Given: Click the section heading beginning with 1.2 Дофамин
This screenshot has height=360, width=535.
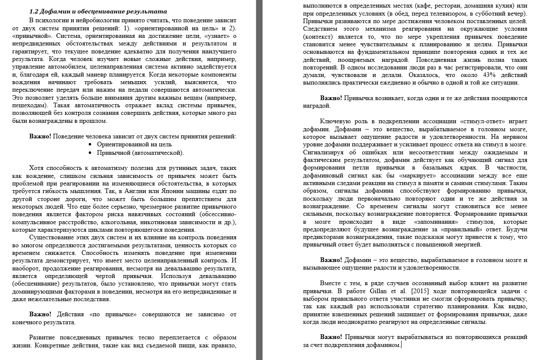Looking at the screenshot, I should click(98, 11).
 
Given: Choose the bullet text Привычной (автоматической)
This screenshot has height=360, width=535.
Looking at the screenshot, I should click(140, 153).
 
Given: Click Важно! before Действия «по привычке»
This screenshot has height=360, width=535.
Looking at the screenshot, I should click(40, 314).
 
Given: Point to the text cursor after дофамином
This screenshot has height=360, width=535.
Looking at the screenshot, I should click(402, 345).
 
